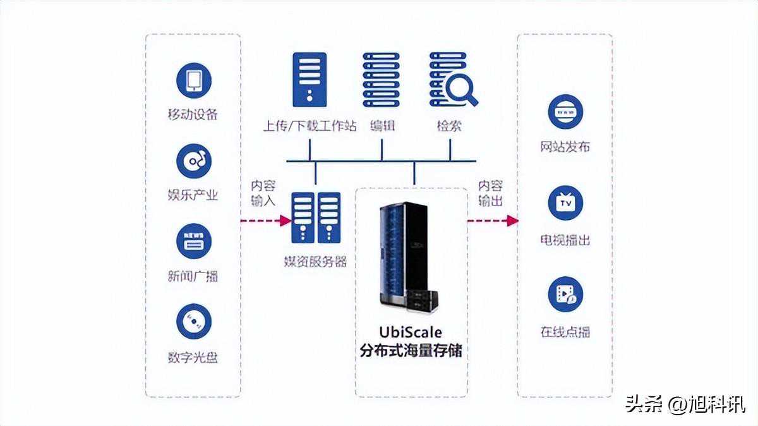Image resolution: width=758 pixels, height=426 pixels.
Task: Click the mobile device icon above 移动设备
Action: point(193,80)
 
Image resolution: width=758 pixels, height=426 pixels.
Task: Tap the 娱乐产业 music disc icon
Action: point(193,161)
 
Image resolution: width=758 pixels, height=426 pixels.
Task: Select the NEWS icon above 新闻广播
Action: point(193,241)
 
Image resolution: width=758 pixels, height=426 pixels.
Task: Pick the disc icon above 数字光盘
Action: point(193,322)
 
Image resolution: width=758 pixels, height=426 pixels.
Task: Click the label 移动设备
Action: point(193,114)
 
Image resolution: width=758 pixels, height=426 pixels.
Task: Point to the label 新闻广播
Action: point(193,276)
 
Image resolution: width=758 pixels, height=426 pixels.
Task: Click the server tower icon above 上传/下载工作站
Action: point(310,79)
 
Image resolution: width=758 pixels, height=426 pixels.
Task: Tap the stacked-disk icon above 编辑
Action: point(381,79)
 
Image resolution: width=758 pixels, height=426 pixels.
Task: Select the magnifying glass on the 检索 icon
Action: point(465,92)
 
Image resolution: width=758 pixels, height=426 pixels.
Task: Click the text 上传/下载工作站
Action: point(310,126)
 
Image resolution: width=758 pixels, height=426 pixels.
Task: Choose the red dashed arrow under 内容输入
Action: point(265,221)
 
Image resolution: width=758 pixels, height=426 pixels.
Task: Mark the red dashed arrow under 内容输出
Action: point(492,221)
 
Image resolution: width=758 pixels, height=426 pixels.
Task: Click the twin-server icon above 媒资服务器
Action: point(316,217)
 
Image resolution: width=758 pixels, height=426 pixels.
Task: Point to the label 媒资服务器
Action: point(316,262)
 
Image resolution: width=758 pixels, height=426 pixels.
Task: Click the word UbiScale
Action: point(411,332)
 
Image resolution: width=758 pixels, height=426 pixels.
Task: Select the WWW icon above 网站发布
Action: point(565,112)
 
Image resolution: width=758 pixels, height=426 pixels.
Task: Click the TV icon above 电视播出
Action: point(565,203)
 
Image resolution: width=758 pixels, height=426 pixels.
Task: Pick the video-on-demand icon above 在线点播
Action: point(565,294)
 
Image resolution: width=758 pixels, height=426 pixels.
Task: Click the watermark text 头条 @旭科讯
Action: point(685,403)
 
